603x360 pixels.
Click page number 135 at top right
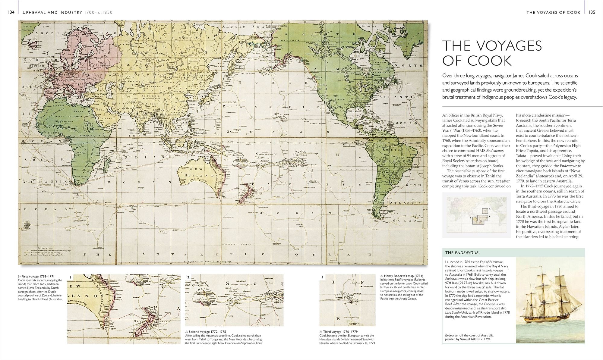tap(592, 12)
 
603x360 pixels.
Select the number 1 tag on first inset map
tap(70, 277)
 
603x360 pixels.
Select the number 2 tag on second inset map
tap(188, 277)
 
